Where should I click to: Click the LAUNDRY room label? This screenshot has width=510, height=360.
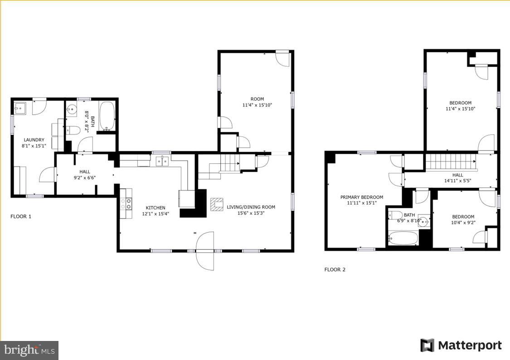pos(34,140)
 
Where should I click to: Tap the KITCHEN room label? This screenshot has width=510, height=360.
pos(155,208)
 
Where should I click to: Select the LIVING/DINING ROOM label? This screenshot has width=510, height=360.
pos(251,207)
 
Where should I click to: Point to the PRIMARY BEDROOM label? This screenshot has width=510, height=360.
pos(362,197)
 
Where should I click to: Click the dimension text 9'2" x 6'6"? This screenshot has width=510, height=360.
pos(85,178)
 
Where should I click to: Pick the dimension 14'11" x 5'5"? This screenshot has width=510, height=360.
pos(457,181)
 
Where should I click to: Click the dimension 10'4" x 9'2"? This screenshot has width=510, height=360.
pos(463,223)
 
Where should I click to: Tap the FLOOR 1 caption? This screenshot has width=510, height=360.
pos(21,216)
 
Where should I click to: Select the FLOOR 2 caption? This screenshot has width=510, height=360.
pos(335,269)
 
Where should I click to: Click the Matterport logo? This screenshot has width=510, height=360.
pos(461,345)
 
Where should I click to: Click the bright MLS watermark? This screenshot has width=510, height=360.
pos(29,350)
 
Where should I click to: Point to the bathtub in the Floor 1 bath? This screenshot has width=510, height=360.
pos(107,117)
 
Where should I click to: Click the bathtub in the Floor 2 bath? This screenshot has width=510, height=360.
pos(403,238)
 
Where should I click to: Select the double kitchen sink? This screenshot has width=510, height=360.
pos(162,161)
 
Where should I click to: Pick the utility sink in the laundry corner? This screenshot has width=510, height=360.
pos(20,109)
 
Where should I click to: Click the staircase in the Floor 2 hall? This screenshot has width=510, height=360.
pos(451,162)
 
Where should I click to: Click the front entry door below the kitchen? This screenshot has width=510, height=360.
pos(204,251)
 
